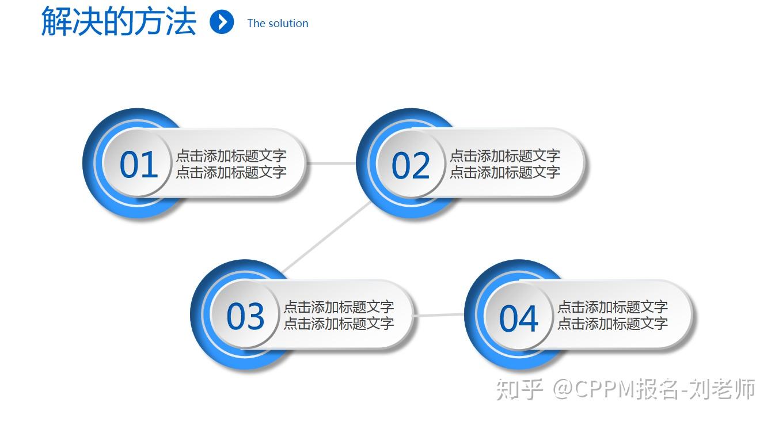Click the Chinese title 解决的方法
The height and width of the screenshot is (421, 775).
[119, 21]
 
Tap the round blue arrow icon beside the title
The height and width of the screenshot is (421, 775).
[222, 22]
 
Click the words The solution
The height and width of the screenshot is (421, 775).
[278, 23]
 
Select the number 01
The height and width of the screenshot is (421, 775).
[139, 165]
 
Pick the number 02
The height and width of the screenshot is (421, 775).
[411, 166]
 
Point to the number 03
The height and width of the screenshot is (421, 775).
[245, 316]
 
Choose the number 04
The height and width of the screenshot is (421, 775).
[519, 318]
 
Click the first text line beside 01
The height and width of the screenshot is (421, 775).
[231, 155]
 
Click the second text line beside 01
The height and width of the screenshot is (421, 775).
[231, 172]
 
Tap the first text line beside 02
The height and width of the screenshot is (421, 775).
[505, 155]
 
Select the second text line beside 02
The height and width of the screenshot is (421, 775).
[505, 172]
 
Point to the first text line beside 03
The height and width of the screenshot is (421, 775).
[339, 307]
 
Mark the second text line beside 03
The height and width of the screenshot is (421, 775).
[339, 323]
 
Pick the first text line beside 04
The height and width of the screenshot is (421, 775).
[613, 307]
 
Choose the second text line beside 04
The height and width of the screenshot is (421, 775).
[613, 323]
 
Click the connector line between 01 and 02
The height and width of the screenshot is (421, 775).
[331, 163]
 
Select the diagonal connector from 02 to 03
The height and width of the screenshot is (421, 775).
[327, 237]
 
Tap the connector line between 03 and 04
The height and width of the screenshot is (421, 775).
[439, 315]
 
